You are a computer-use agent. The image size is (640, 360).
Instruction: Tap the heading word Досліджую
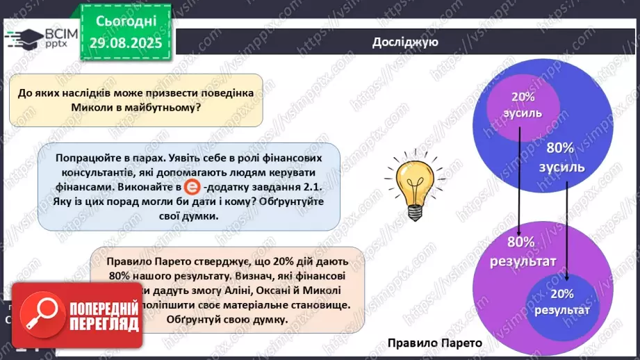405,43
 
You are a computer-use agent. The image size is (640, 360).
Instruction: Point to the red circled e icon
192,188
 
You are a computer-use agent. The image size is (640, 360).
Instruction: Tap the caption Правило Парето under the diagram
434,342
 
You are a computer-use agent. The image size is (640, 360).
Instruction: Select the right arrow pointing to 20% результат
569,230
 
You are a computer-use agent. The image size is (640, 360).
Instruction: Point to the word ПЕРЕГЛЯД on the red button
104,324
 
